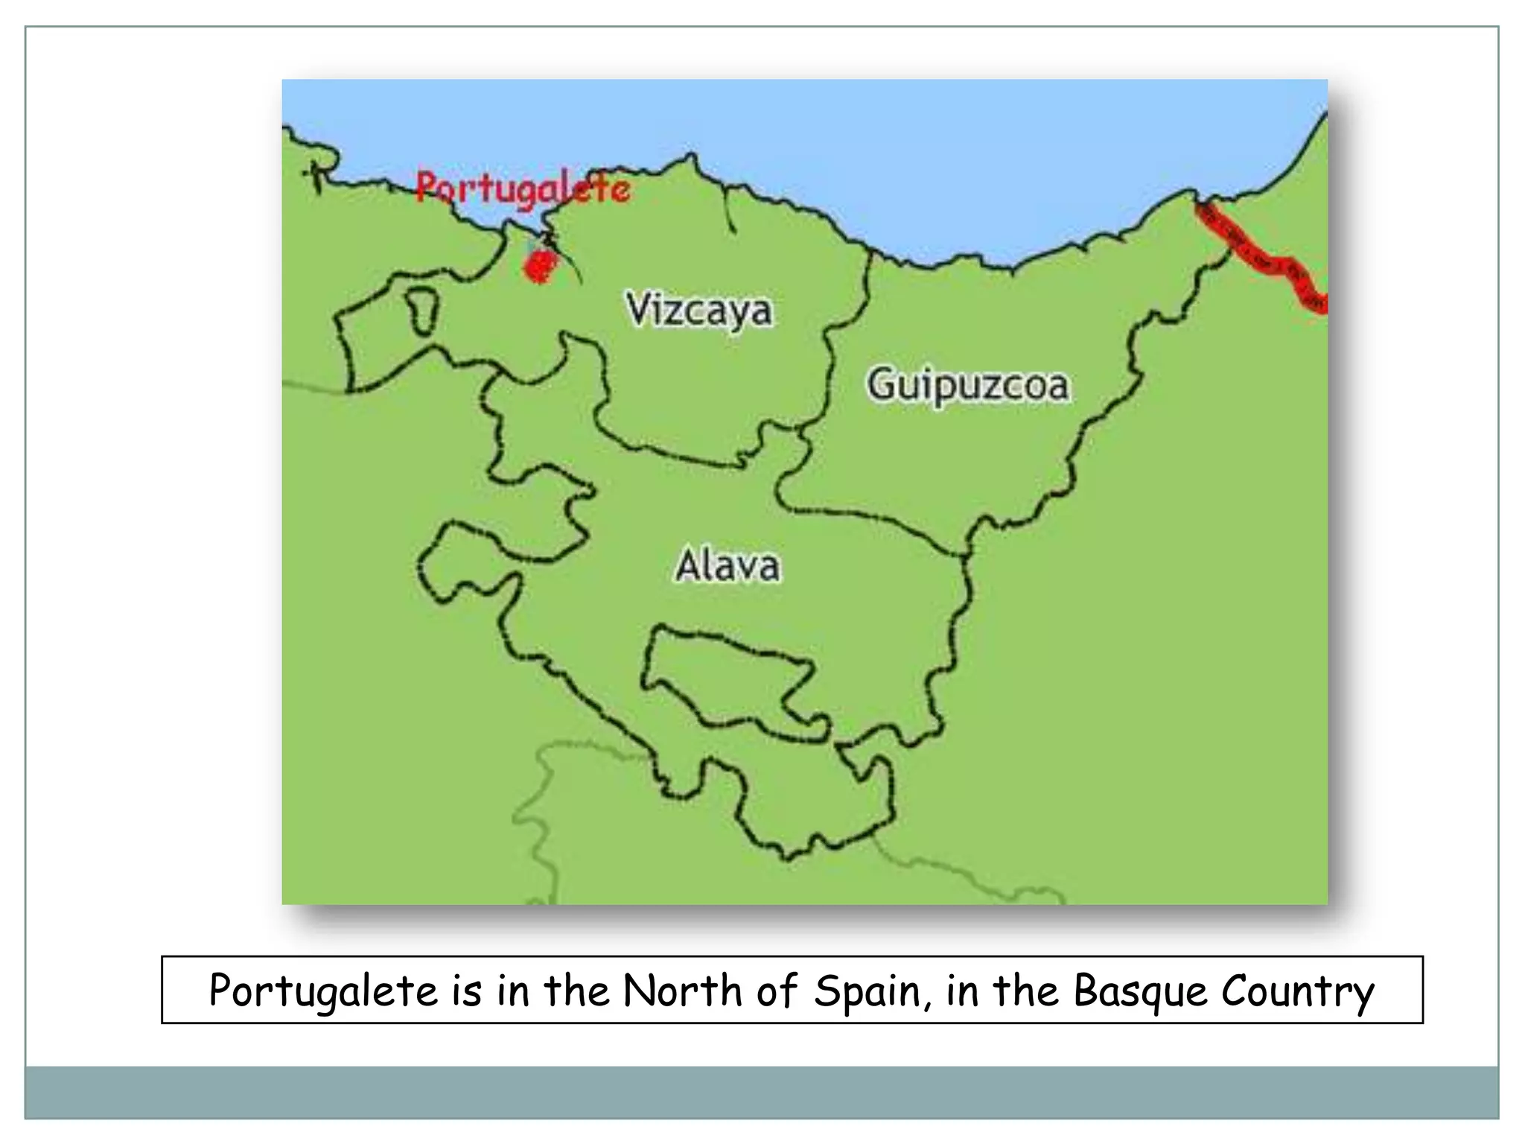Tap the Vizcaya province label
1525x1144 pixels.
698,310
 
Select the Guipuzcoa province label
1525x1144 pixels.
967,385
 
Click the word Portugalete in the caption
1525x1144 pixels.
323,991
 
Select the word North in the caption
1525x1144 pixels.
683,991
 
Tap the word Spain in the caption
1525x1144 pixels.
871,991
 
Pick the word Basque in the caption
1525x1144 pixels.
1139,991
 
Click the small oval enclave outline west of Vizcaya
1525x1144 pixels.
422,310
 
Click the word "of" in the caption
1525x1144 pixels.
777,991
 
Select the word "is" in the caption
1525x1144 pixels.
467,991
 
